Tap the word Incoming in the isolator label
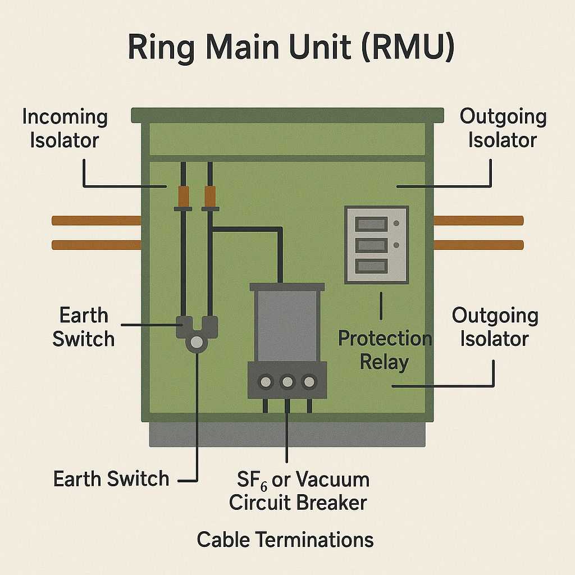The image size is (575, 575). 65,117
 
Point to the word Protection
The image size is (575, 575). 385,339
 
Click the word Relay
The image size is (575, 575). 384,362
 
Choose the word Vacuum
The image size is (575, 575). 332,480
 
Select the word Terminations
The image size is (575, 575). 314,540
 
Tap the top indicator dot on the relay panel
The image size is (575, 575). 396,223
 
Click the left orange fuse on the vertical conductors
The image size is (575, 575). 184,196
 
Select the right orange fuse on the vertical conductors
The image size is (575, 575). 210,196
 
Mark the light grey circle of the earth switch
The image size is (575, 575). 196,342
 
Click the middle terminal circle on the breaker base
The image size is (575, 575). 287,382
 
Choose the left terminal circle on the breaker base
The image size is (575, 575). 265,382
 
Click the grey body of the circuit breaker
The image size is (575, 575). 286,326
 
